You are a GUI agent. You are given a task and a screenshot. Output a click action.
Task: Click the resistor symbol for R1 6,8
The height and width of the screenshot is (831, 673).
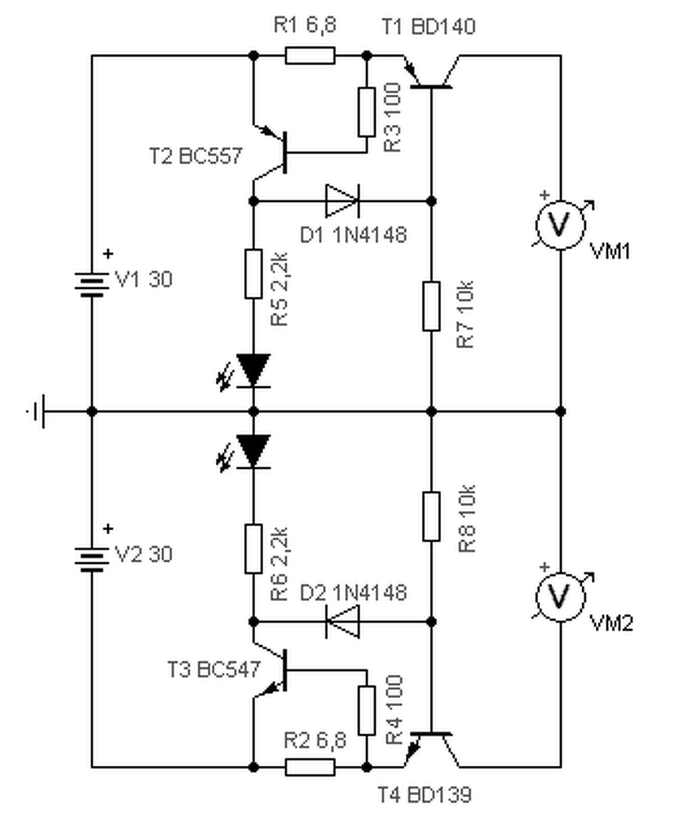pos(310,55)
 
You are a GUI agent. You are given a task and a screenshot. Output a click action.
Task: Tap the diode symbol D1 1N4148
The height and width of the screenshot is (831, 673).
pos(341,200)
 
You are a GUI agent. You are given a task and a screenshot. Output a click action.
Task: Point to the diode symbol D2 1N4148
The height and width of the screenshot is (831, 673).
pos(341,622)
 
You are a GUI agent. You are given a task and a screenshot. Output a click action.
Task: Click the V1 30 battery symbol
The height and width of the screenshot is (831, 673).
pos(92,283)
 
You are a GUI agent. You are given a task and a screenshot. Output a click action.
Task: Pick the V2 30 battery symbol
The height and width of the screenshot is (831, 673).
pos(92,558)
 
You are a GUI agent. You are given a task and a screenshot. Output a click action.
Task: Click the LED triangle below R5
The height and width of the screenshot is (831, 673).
pos(253,369)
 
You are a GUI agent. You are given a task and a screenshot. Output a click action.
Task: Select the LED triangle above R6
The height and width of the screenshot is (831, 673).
pos(253,450)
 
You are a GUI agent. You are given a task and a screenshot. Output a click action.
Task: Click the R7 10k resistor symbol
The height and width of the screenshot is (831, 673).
pos(431,306)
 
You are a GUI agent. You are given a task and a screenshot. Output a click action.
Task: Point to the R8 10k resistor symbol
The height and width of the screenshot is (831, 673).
pos(431,516)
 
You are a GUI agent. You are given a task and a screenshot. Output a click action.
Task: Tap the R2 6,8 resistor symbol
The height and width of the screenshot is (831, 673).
pos(310,766)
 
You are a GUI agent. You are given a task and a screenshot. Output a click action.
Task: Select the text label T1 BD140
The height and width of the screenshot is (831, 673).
pos(428,27)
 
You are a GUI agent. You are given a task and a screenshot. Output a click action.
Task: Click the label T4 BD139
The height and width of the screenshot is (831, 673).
pos(424,794)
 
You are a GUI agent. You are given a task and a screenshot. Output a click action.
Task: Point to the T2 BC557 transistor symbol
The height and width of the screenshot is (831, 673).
pos(276,153)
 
